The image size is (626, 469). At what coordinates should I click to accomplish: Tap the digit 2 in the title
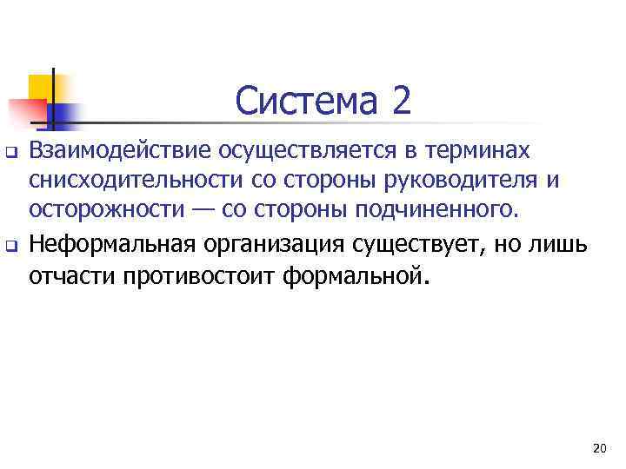[402, 102]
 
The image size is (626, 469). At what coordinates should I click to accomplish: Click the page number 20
[598, 448]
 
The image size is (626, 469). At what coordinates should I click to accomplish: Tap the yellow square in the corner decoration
[43, 88]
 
